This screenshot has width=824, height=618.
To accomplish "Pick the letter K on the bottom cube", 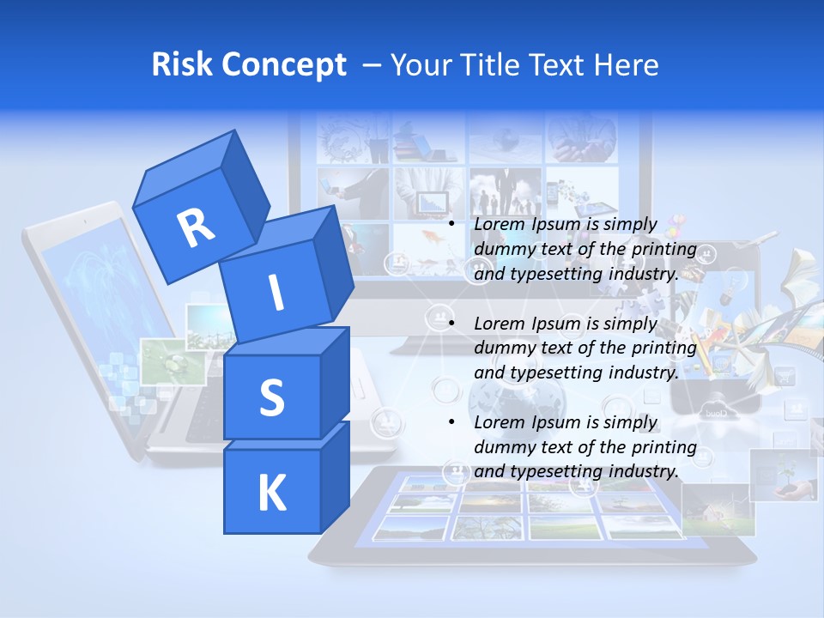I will [x=271, y=494].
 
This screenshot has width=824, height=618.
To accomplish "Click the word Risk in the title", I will [x=182, y=64].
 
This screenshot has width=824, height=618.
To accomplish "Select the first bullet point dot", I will [x=451, y=224].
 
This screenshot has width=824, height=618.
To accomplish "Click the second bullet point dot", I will [x=451, y=324].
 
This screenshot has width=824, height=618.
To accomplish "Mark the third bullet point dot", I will [x=451, y=422].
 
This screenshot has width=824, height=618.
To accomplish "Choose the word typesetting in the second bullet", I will [x=548, y=373].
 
